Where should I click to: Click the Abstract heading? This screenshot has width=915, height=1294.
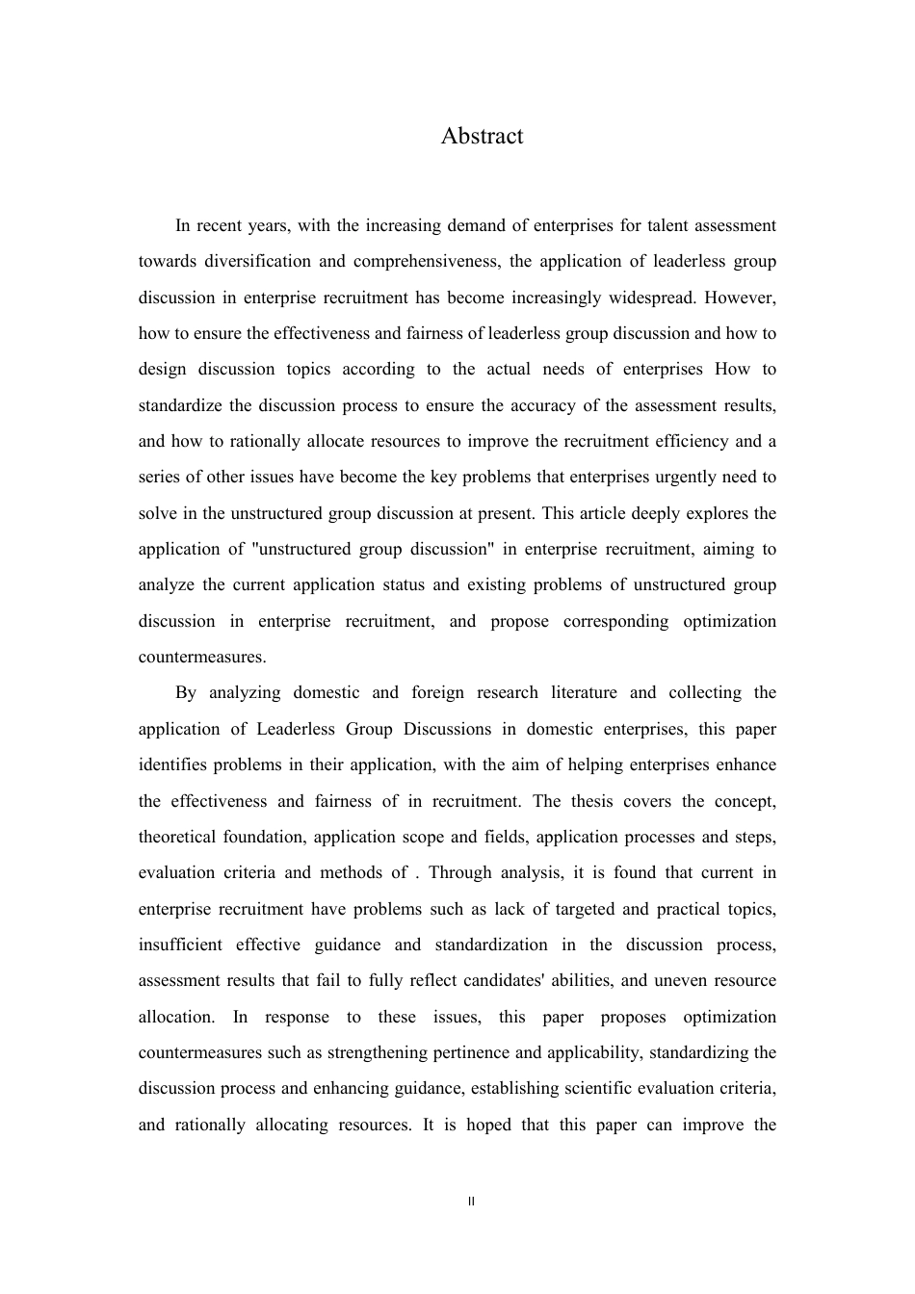coord(482,136)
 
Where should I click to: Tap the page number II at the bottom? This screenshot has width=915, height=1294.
coord(471,1202)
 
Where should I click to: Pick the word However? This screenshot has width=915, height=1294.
coord(740,298)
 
